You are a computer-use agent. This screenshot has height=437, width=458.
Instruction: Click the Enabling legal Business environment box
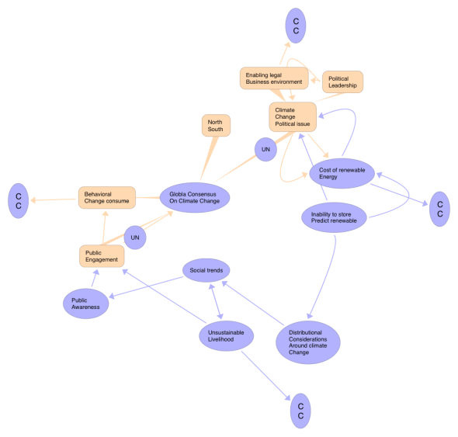pos(274,78)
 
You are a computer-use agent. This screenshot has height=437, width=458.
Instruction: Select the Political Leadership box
pos(342,82)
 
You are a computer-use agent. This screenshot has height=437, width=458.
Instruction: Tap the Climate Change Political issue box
pos(293,117)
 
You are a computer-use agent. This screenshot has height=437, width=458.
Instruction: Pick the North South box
pos(216,125)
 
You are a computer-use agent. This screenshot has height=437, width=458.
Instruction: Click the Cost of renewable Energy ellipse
pos(342,174)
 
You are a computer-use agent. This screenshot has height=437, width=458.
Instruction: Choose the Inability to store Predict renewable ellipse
pos(334,217)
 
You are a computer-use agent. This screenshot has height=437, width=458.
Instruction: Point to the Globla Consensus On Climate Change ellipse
pos(195,197)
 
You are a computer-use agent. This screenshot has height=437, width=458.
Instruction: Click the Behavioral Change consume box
pos(107,197)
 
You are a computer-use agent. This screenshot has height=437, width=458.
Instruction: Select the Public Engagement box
pos(102,256)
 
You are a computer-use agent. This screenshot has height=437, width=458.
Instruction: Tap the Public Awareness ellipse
pos(86,303)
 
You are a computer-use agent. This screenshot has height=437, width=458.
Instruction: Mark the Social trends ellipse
pos(206,270)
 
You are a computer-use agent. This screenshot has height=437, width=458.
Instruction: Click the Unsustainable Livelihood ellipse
pos(227,336)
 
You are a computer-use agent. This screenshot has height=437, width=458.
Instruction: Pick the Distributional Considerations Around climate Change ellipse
pos(308,342)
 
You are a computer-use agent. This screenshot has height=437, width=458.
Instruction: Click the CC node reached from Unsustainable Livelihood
pos(300,411)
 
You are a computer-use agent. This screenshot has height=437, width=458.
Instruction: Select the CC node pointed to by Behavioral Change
pos(18,201)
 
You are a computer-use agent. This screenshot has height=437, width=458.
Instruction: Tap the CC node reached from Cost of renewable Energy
pos(439,209)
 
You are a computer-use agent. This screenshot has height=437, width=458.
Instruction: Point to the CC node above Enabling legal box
pos(296,26)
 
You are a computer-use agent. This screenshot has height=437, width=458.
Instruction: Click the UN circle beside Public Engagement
pos(135,238)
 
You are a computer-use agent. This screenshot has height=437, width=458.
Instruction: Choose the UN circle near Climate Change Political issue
pos(265,149)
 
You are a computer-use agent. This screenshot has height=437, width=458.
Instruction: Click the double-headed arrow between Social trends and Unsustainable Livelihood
pos(216,301)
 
